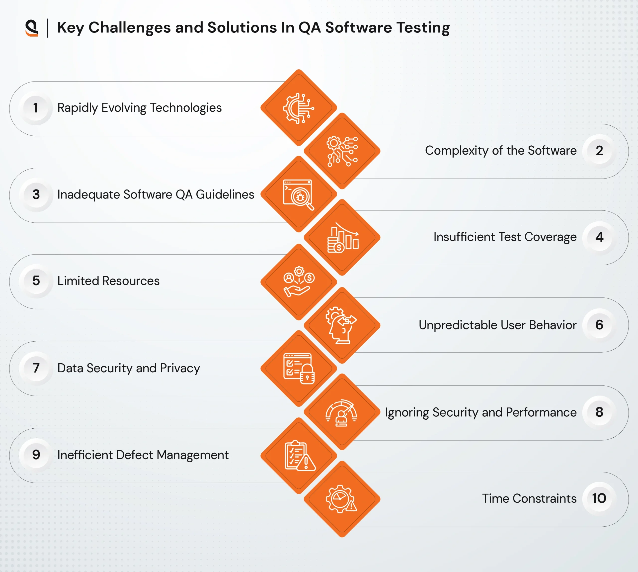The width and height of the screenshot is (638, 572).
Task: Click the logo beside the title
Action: (x=32, y=28)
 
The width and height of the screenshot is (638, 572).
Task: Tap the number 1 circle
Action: (x=36, y=108)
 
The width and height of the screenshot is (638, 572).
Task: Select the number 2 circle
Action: (x=599, y=151)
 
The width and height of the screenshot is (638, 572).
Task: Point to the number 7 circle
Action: (x=36, y=368)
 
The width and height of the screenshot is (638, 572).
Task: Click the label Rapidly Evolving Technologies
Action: (x=140, y=108)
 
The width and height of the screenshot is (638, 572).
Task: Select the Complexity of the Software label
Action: (x=501, y=151)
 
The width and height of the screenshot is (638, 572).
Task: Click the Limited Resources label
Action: (x=108, y=281)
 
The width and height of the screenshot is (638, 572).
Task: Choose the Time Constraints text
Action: (x=529, y=499)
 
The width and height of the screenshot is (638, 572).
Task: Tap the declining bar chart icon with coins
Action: (x=342, y=238)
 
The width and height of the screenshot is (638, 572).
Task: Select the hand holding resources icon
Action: (x=298, y=282)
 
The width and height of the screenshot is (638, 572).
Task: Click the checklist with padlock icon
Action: (x=298, y=368)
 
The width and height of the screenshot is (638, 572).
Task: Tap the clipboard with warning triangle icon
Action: (x=299, y=456)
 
